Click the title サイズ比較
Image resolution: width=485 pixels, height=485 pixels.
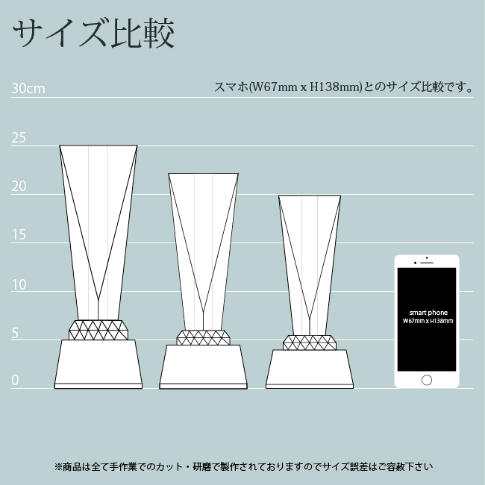pyautogui.click(x=93, y=33)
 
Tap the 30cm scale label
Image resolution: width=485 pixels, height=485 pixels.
pyautogui.click(x=28, y=89)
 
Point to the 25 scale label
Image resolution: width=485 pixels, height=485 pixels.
pyautogui.click(x=19, y=137)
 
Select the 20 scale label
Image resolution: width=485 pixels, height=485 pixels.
pyautogui.click(x=19, y=187)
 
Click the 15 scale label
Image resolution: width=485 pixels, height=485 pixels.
pyautogui.click(x=19, y=235)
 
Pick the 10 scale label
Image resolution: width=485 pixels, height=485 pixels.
pyautogui.click(x=19, y=284)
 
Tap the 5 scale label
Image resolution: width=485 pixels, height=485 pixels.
pyautogui.click(x=15, y=334)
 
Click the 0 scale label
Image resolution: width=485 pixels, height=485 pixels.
pyautogui.click(x=15, y=380)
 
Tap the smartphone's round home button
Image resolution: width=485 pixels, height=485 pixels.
pyautogui.click(x=427, y=380)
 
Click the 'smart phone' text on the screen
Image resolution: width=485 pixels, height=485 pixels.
pyautogui.click(x=428, y=313)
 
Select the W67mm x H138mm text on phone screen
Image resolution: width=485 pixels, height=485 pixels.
pyautogui.click(x=428, y=321)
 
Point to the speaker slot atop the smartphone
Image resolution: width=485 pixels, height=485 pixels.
pyautogui.click(x=427, y=263)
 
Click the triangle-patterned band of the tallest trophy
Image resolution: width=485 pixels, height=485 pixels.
pyautogui.click(x=98, y=330)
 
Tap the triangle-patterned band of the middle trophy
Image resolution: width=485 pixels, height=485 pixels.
pyautogui.click(x=203, y=337)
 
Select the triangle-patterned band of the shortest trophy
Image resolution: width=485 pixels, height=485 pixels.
pyautogui.click(x=310, y=342)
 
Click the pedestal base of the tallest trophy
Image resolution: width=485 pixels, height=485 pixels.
pyautogui.click(x=98, y=364)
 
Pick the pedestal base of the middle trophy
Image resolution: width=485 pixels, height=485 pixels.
pyautogui.click(x=203, y=367)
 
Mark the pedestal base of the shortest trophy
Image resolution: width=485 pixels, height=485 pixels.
pyautogui.click(x=310, y=369)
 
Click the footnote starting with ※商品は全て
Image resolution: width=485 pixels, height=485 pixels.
pyautogui.click(x=243, y=466)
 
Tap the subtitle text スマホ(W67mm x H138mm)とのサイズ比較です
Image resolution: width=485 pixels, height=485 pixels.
pyautogui.click(x=343, y=87)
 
